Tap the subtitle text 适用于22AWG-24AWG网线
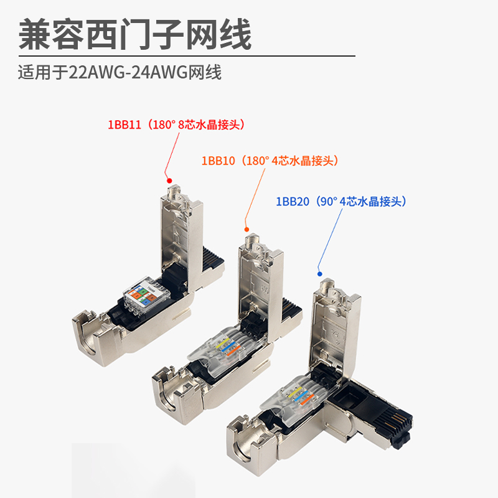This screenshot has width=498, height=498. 120,73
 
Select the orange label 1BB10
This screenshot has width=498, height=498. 217,161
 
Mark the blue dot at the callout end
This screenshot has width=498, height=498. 319,273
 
